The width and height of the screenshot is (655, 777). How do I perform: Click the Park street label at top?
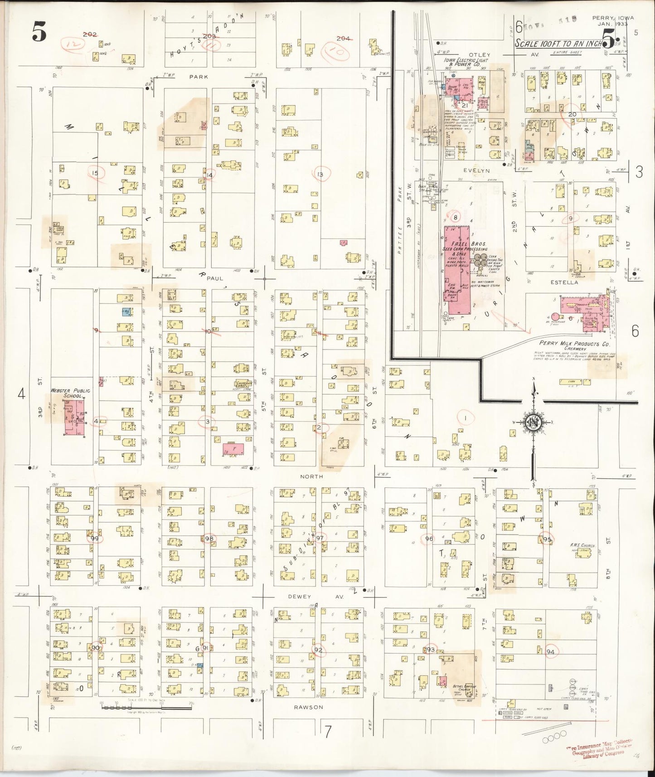tap(199, 77)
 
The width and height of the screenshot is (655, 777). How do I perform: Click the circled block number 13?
tap(320, 174)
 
